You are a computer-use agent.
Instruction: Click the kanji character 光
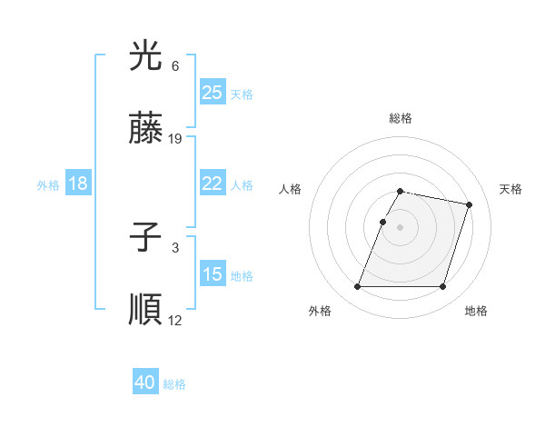coord(145,57)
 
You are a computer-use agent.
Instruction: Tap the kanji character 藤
coord(145,130)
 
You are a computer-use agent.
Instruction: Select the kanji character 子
coord(145,239)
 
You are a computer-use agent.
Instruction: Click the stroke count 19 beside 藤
coord(175,139)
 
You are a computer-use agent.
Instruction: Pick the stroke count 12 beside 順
coord(175,320)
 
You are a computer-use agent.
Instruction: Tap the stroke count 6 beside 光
coord(175,66)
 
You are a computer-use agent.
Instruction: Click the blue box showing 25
coord(212,93)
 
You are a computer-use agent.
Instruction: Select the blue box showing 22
coord(212,184)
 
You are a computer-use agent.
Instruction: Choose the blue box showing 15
coord(212,274)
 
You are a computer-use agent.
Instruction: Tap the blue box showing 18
coord(78,184)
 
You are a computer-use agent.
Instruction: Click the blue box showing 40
coord(145,382)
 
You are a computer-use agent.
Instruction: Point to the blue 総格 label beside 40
coord(174,384)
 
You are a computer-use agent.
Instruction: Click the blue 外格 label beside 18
coord(48,184)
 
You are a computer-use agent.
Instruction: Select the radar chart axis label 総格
coord(401,118)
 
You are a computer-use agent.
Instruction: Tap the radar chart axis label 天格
coord(510,189)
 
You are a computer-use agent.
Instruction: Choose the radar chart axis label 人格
coord(291,189)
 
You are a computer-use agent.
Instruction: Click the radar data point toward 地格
coord(442,287)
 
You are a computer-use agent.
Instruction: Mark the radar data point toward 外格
coord(358,287)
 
